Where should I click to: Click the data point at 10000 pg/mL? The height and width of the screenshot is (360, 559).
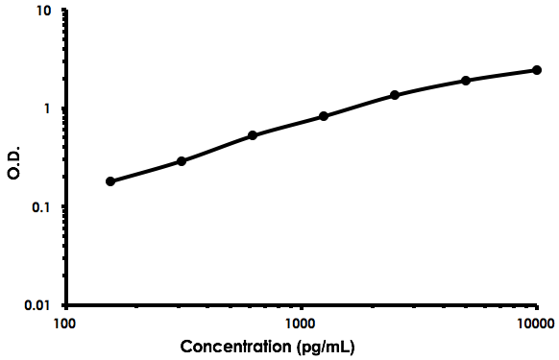click(537, 70)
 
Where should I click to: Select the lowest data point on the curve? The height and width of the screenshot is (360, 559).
click(110, 181)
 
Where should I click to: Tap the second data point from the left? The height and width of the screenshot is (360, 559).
click(182, 161)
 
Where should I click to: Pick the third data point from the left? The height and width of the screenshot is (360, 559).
click(253, 135)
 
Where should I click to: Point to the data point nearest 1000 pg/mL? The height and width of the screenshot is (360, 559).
click(324, 116)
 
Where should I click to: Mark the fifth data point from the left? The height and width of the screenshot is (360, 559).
click(395, 95)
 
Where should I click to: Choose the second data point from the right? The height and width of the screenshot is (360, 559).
click(466, 81)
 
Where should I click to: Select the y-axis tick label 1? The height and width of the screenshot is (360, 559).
click(50, 109)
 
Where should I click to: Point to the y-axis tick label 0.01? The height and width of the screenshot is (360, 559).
click(39, 306)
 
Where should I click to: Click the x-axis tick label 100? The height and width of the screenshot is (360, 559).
click(65, 323)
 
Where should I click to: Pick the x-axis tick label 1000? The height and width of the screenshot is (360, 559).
click(301, 323)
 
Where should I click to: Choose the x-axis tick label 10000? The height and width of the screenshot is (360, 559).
click(536, 323)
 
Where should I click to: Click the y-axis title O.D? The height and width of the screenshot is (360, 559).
click(13, 159)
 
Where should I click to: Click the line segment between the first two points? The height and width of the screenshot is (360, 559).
click(146, 172)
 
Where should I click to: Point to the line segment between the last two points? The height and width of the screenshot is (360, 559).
click(501, 75)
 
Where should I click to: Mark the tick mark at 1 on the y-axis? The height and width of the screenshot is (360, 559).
click(64, 108)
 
